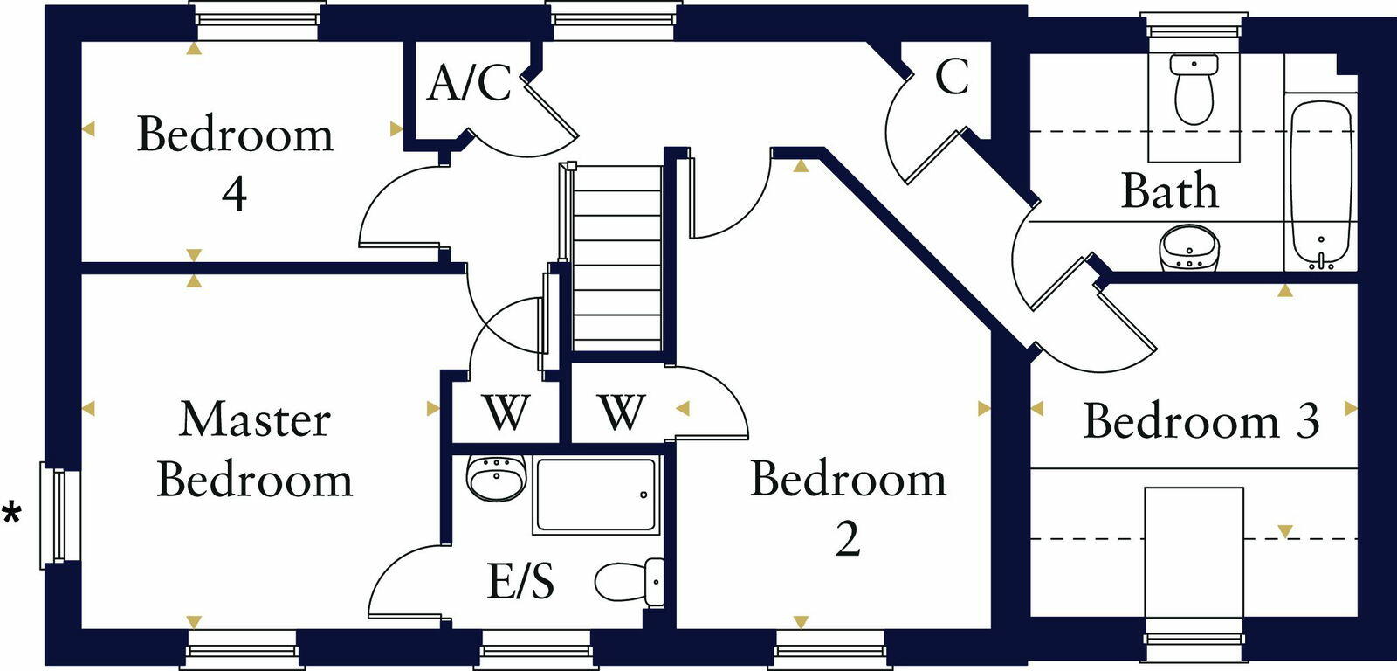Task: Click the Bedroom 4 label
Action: pos(235,163)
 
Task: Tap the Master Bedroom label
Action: pos(254,449)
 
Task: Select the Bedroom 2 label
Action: pos(848,508)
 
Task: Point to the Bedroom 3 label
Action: pos(1201,421)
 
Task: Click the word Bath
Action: pos(1169,191)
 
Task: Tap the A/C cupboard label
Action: pos(469,83)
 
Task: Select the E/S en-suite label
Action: pos(520,581)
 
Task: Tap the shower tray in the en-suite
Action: pos(595,495)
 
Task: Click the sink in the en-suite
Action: pos(495,478)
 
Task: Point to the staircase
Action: pos(616,258)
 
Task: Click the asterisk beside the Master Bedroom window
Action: pos(12,513)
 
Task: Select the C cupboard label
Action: pos(952,76)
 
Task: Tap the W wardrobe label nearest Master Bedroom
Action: pos(506,412)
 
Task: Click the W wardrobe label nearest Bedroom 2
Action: pos(622,412)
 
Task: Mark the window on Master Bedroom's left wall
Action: pos(57,515)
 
